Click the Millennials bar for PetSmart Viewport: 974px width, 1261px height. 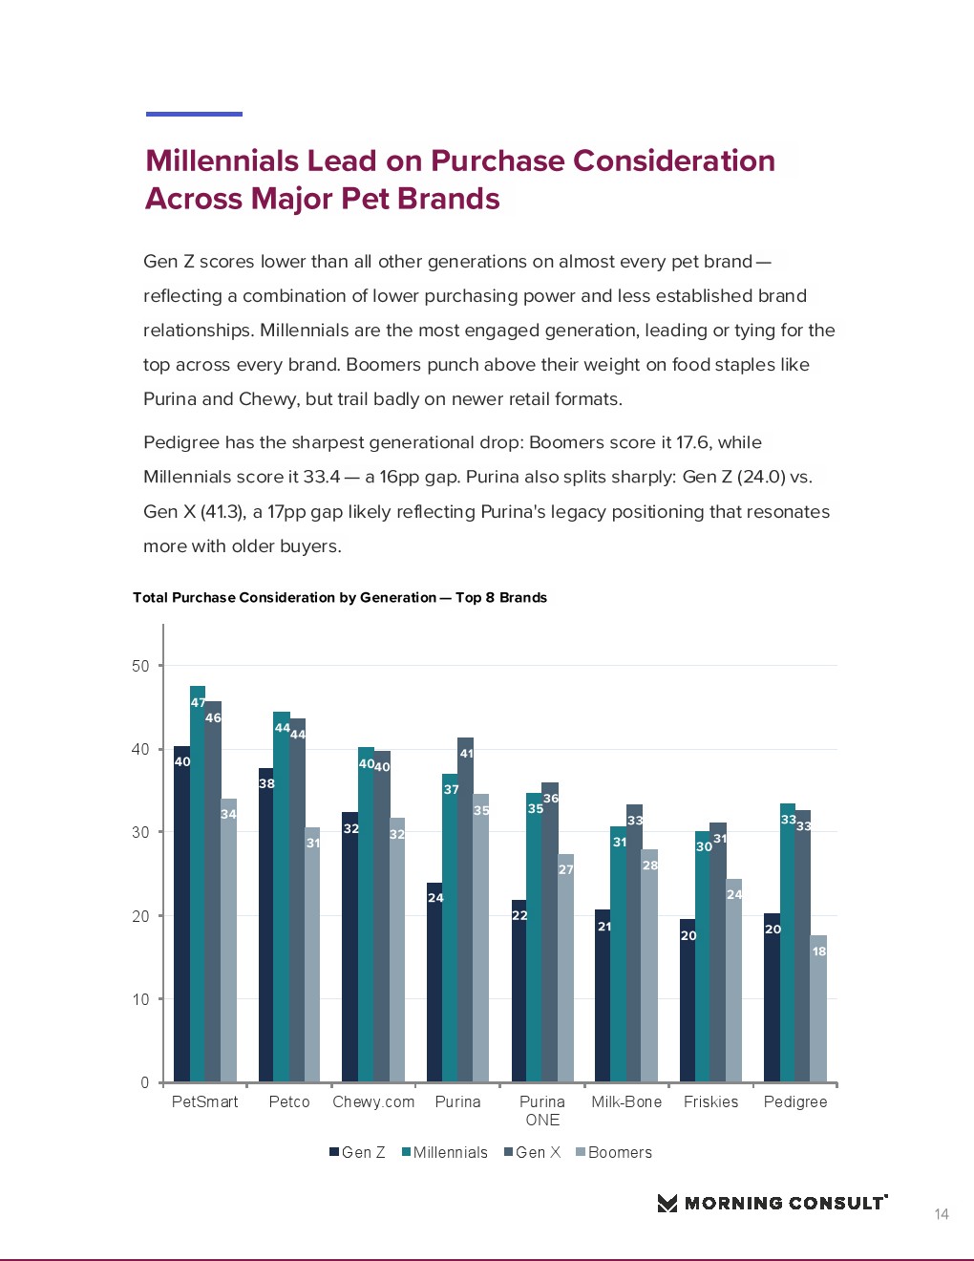click(198, 888)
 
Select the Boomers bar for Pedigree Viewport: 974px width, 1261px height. click(818, 1013)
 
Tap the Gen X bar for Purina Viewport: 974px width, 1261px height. click(465, 912)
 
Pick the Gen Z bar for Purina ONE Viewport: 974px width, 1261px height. click(519, 994)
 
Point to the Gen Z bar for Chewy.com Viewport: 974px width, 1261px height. click(349, 951)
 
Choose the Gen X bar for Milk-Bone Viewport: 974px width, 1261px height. click(634, 946)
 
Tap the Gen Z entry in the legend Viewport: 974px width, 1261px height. click(357, 1152)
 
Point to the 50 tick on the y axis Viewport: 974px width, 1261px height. click(141, 666)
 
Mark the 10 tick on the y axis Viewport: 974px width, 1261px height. click(141, 999)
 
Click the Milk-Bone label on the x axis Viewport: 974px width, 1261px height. click(626, 1101)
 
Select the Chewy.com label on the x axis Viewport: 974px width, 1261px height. click(373, 1101)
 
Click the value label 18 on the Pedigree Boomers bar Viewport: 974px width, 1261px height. click(819, 951)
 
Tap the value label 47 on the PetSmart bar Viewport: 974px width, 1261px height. click(198, 702)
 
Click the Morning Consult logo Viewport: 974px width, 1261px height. click(773, 1203)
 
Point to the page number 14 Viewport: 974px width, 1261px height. click(942, 1214)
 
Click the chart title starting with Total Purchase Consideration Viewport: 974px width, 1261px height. click(340, 597)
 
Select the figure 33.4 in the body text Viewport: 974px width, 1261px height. click(322, 477)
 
